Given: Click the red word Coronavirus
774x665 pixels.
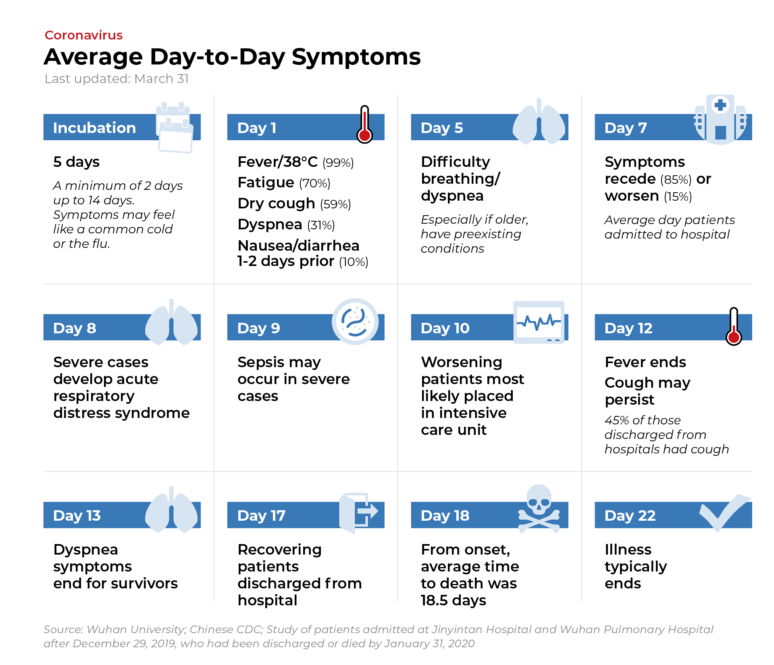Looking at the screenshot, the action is pyautogui.click(x=83, y=35).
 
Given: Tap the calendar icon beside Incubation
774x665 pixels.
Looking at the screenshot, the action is pyautogui.click(x=174, y=127).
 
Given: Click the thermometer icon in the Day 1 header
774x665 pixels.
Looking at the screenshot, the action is pyautogui.click(x=364, y=124).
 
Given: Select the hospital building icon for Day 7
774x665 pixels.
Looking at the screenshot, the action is pyautogui.click(x=720, y=120).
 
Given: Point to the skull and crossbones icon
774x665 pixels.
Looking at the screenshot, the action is pyautogui.click(x=539, y=509).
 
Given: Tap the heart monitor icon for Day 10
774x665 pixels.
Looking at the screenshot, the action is pyautogui.click(x=539, y=322).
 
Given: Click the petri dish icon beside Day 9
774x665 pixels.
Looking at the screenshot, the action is pyautogui.click(x=355, y=322).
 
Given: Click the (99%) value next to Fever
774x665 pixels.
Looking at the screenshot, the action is pyautogui.click(x=338, y=163).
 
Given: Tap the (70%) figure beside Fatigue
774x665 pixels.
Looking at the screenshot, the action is pyautogui.click(x=314, y=183).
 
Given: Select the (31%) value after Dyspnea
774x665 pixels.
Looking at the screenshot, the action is pyautogui.click(x=321, y=225).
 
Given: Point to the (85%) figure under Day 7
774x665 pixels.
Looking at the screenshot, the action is pyautogui.click(x=676, y=180).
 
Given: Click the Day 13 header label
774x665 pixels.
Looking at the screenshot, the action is pyautogui.click(x=77, y=515).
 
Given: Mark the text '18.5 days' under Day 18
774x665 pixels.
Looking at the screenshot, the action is pyautogui.click(x=454, y=601).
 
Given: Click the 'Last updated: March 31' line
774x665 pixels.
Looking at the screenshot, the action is pyautogui.click(x=117, y=79).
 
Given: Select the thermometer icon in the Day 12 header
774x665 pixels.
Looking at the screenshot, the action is pyautogui.click(x=734, y=326).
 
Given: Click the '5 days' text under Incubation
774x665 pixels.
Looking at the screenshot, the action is pyautogui.click(x=76, y=162).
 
